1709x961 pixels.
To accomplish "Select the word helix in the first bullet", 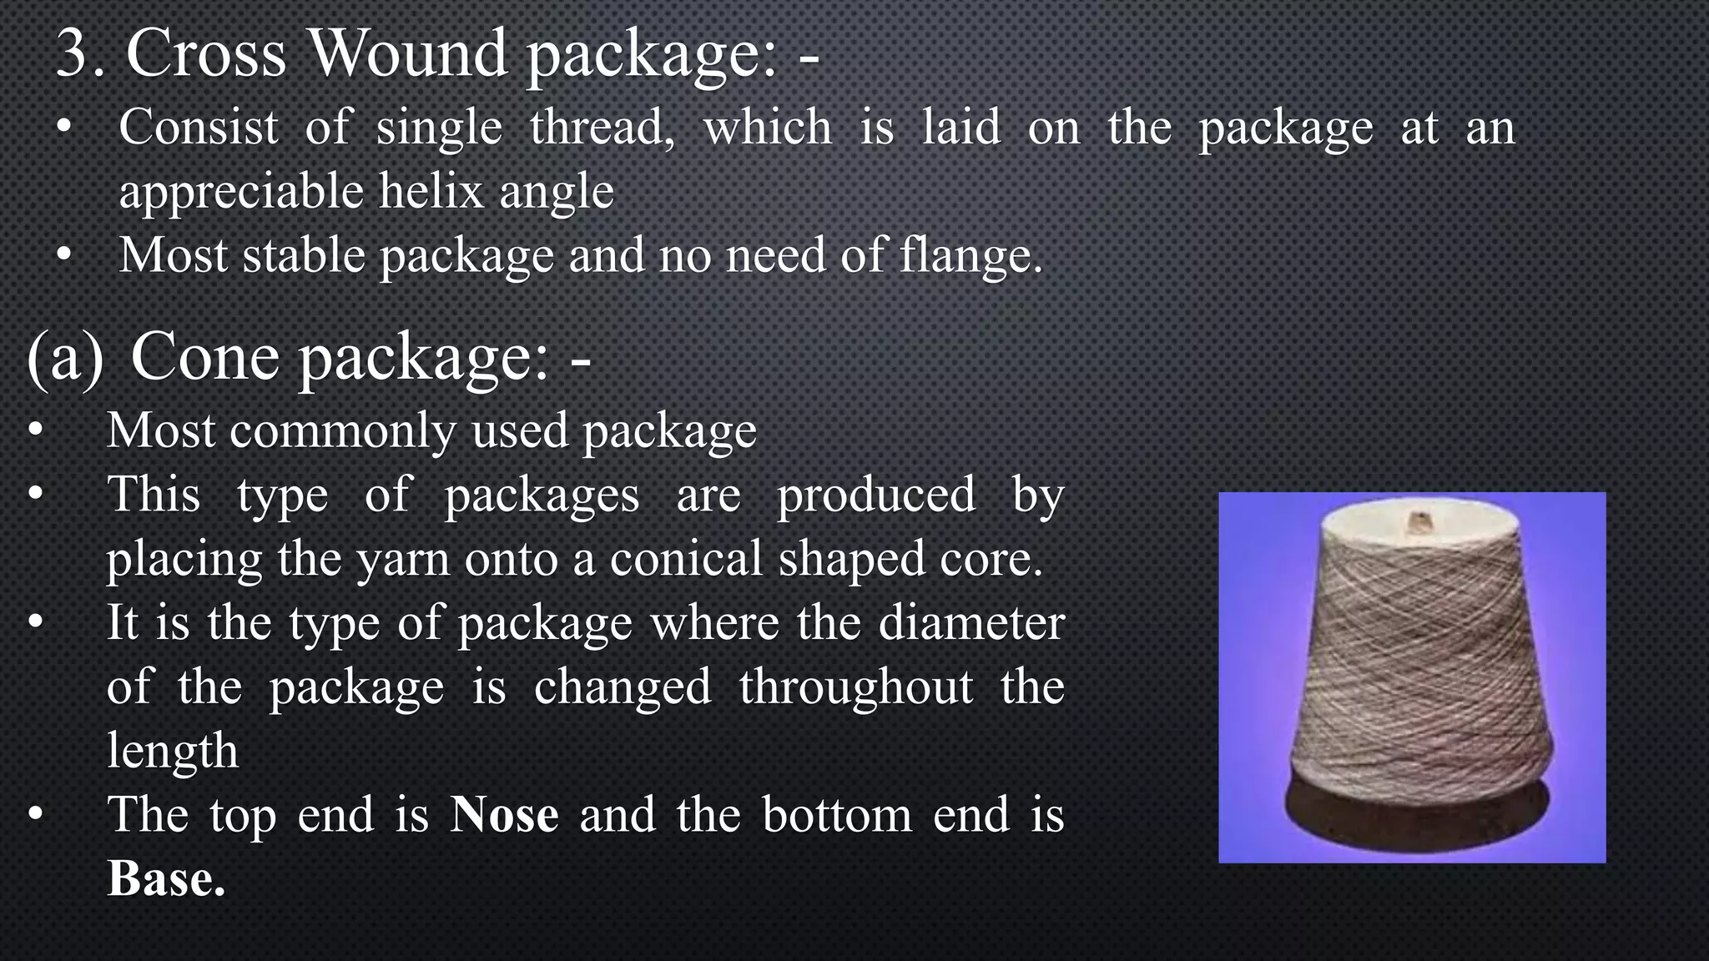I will [x=431, y=191].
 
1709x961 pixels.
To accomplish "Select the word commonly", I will [x=342, y=431].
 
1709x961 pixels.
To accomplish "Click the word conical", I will [x=686, y=558].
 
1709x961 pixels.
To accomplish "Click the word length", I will [x=173, y=750].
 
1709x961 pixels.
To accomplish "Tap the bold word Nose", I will [x=504, y=814].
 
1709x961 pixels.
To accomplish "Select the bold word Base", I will [x=165, y=878].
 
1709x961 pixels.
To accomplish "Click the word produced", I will [x=876, y=495].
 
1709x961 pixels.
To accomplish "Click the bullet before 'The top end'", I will [x=34, y=814].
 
